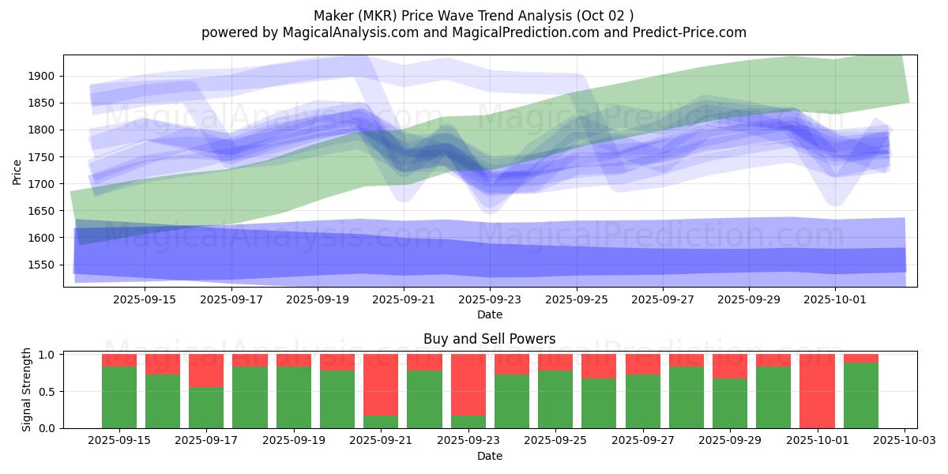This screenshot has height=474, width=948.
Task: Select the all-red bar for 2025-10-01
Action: pos(817,391)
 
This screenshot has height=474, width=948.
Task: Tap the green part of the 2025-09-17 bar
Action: pos(206,408)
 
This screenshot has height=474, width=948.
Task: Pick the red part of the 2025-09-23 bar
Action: pos(468,384)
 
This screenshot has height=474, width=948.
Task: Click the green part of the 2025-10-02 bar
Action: pos(861,395)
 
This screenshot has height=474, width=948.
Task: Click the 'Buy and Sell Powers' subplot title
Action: pos(489,339)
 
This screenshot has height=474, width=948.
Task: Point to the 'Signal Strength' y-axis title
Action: pos(27,389)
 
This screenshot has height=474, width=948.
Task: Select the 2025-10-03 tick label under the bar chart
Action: pos(904,441)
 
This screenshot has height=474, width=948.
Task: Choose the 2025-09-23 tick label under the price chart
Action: pos(490,299)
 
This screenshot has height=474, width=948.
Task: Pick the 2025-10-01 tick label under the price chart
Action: pos(835,299)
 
